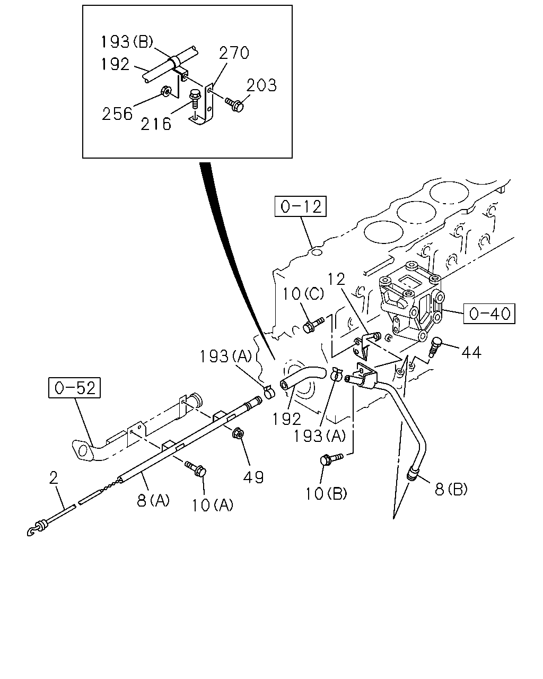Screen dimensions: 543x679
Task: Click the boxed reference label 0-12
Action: (x=300, y=206)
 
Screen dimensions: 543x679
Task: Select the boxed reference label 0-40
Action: (x=489, y=314)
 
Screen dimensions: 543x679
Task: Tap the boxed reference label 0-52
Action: (x=74, y=388)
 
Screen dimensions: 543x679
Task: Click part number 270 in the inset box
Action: (x=234, y=53)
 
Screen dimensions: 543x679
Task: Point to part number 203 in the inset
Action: (x=261, y=85)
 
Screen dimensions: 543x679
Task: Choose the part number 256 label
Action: (x=117, y=114)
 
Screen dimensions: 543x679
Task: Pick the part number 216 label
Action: (x=155, y=124)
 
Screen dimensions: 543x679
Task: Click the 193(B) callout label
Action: (x=127, y=42)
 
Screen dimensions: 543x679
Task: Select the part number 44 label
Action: (x=471, y=352)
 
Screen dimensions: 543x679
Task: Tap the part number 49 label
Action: (x=253, y=477)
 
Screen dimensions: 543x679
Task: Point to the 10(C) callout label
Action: (x=303, y=294)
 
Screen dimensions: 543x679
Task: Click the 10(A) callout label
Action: (x=212, y=505)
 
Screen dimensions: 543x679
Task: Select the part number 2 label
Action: (x=54, y=478)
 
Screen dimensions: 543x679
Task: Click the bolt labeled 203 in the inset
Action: (x=235, y=105)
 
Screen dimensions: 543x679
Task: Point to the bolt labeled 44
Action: (x=434, y=346)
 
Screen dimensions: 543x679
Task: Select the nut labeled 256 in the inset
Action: (x=166, y=91)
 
